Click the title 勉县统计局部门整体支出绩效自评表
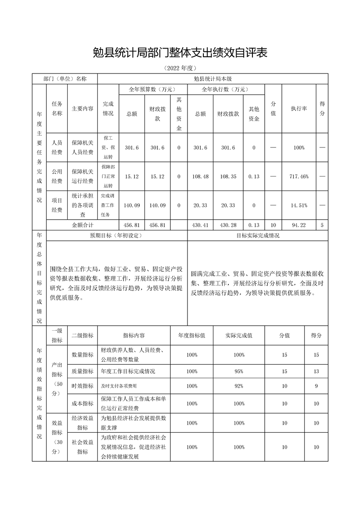[180, 53]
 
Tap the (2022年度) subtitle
[180, 69]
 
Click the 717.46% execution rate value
[299, 176]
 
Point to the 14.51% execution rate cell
[299, 206]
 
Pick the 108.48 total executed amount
[200, 176]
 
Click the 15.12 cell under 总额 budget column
[132, 176]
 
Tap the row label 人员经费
[57, 147]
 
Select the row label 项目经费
[57, 206]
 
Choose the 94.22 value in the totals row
[299, 225]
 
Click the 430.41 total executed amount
[200, 225]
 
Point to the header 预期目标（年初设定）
[116, 235]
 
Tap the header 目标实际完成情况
[257, 235]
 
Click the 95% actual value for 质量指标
[239, 371]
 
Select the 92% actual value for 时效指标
[239, 386]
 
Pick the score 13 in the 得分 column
[316, 371]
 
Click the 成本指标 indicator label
[82, 403]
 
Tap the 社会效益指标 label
[82, 447]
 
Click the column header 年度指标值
[192, 336]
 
